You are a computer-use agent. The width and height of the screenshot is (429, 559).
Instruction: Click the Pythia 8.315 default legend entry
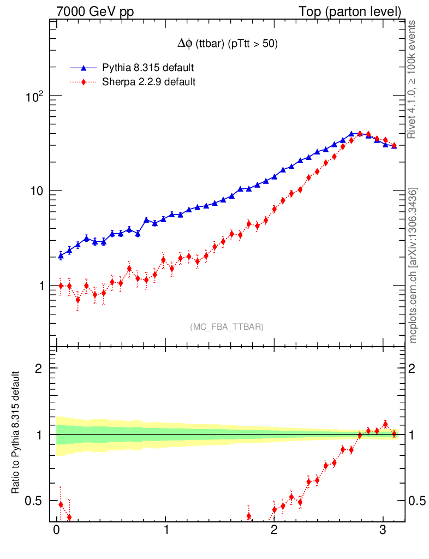point(148,68)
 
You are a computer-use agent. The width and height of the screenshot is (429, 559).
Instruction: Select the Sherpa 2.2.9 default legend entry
point(149,82)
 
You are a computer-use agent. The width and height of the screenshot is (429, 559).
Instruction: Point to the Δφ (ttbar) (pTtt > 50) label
point(225,45)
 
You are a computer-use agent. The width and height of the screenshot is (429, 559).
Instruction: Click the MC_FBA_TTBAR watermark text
point(227,327)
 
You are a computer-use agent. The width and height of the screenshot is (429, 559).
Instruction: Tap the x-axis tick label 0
point(56,530)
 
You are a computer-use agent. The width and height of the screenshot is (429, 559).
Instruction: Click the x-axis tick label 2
point(274,530)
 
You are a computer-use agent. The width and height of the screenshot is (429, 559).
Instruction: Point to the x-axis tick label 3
point(383,530)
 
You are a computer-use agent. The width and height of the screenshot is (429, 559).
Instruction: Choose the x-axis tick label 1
point(165,530)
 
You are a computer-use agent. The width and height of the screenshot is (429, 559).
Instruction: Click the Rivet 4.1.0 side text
point(413,79)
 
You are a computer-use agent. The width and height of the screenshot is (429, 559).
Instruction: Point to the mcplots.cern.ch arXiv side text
point(413,265)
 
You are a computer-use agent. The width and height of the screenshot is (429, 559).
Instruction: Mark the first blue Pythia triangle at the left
point(61,255)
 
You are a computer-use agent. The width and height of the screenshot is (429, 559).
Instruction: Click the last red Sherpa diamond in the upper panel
point(394,145)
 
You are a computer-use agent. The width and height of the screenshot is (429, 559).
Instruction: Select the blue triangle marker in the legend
point(84,68)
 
